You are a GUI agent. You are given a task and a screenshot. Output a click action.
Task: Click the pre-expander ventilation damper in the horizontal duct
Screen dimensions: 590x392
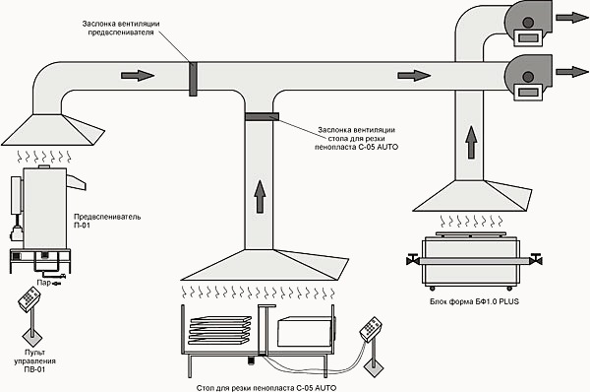pyautogui.click(x=193, y=79)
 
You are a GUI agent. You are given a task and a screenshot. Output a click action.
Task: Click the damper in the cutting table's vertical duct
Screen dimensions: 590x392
pyautogui.click(x=262, y=116)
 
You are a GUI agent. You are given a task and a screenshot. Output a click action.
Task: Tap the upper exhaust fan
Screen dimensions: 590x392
pyautogui.click(x=528, y=24)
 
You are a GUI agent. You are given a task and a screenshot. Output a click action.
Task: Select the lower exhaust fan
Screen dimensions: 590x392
pyautogui.click(x=528, y=78)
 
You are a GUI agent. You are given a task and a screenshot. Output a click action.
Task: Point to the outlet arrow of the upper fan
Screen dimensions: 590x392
pyautogui.click(x=572, y=18)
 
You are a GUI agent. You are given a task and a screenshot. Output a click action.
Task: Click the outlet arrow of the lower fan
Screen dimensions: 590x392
pyautogui.click(x=572, y=72)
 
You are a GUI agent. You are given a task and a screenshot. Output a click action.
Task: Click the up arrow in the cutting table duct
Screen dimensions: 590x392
pyautogui.click(x=260, y=196)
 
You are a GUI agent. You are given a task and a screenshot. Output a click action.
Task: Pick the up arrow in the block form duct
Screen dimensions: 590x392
pyautogui.click(x=471, y=142)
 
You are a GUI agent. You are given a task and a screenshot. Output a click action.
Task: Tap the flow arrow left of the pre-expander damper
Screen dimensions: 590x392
pyautogui.click(x=138, y=76)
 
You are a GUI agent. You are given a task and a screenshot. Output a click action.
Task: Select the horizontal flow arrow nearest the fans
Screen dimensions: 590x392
pyautogui.click(x=414, y=76)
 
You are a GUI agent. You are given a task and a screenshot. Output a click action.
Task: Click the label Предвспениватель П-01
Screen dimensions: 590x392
pyautogui.click(x=107, y=222)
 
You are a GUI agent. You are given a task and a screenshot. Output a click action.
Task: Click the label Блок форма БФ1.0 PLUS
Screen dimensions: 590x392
pyautogui.click(x=474, y=301)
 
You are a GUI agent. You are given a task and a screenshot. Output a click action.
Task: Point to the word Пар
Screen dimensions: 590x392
pyautogui.click(x=43, y=283)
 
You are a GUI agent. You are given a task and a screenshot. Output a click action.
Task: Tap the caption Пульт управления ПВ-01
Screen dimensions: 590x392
pyautogui.click(x=34, y=361)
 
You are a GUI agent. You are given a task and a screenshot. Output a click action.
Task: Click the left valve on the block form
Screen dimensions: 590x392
pyautogui.click(x=413, y=259)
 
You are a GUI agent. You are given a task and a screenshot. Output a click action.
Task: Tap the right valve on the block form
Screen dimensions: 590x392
pyautogui.click(x=535, y=259)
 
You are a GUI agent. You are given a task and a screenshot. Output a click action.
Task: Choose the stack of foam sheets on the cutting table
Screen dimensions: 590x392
pyautogui.click(x=219, y=330)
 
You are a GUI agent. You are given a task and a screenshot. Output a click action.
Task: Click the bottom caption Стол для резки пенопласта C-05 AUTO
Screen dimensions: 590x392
pyautogui.click(x=266, y=388)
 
